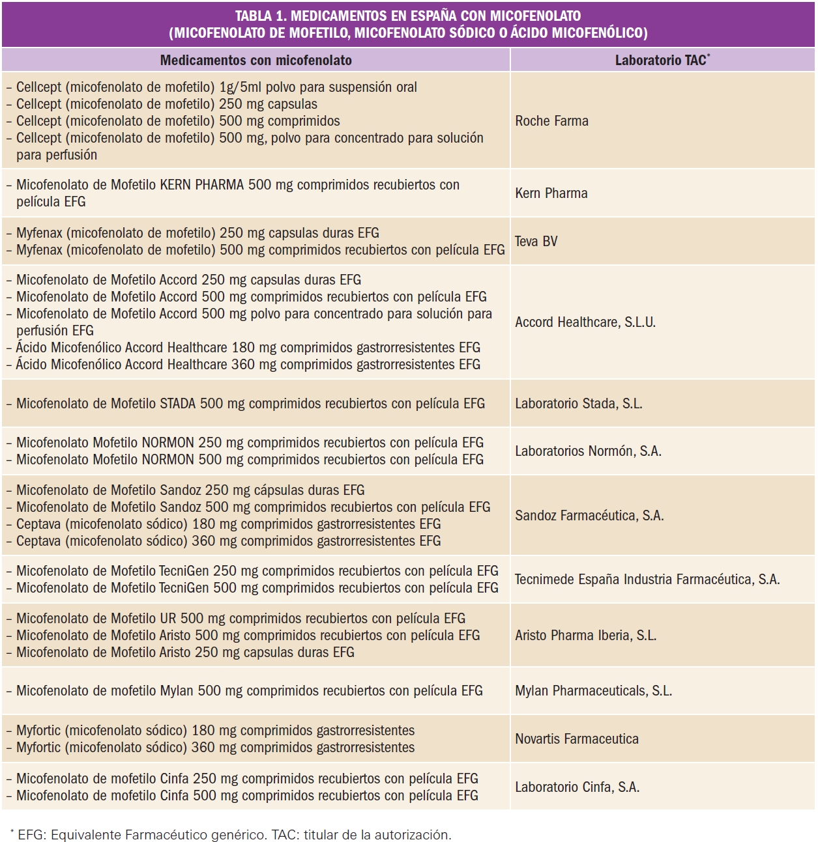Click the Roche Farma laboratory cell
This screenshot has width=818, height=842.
point(551,121)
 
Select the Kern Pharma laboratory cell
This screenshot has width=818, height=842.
point(551,193)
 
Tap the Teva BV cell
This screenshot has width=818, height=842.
point(536,242)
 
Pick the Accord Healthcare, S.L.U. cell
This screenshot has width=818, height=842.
point(585,322)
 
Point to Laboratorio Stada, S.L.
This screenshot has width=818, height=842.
point(579,404)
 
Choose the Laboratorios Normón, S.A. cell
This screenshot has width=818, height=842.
point(588,451)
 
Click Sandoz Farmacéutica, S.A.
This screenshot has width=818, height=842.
point(589,516)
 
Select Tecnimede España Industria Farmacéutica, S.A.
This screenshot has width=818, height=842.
point(647,580)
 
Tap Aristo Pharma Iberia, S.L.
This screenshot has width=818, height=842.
point(585,636)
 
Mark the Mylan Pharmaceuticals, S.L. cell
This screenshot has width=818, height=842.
point(593,691)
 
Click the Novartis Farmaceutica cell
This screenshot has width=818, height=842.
point(577,739)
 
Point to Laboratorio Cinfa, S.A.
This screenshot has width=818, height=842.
point(577,787)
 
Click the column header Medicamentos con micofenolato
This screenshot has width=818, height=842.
point(256,61)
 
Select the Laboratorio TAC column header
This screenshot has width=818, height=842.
point(662,61)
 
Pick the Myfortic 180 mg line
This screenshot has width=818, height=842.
point(215,731)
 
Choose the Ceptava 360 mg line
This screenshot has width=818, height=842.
point(228,541)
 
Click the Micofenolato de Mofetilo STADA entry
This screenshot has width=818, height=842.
point(250,404)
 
